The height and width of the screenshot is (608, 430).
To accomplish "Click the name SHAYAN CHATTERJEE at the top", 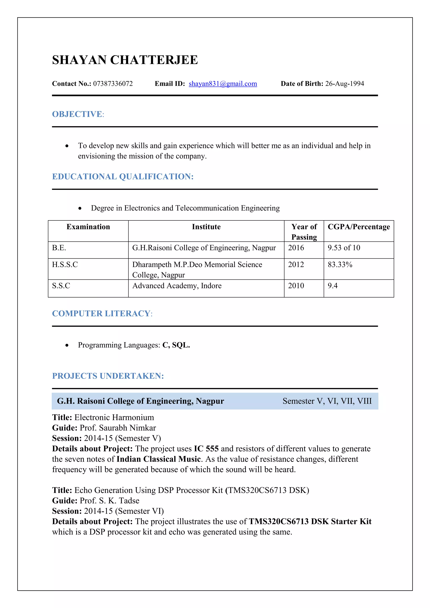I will coord(125,60).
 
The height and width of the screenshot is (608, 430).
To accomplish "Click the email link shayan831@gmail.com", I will coord(223,84).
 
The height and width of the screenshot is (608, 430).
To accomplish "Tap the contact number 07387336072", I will coord(113,84).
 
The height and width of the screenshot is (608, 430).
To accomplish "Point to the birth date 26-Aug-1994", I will coord(345,84).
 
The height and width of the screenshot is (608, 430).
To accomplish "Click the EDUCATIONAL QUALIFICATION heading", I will coord(123,177).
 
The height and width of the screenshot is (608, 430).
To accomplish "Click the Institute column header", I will coord(206,227).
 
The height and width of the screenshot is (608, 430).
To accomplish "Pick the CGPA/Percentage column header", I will coord(359,227).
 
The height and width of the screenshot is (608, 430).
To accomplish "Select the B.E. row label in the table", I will coord(59,248).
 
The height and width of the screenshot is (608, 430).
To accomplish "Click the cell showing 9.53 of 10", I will coord(344,248).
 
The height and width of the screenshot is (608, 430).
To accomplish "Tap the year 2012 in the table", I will coord(296,265).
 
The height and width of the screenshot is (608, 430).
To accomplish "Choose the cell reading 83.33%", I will coord(340,265).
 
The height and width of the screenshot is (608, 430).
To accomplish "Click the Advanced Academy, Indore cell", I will coord(177,286).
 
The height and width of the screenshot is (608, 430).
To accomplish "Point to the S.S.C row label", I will coord(61,286).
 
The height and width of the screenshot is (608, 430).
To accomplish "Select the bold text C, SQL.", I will coord(176,345).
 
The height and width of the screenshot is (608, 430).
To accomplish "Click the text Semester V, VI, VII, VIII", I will coord(327,401).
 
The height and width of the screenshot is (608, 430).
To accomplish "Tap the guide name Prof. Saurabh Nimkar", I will coord(118,428).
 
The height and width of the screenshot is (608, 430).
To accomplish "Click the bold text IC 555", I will coord(206,449).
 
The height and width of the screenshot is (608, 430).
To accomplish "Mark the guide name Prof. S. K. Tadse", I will coord(109,501).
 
